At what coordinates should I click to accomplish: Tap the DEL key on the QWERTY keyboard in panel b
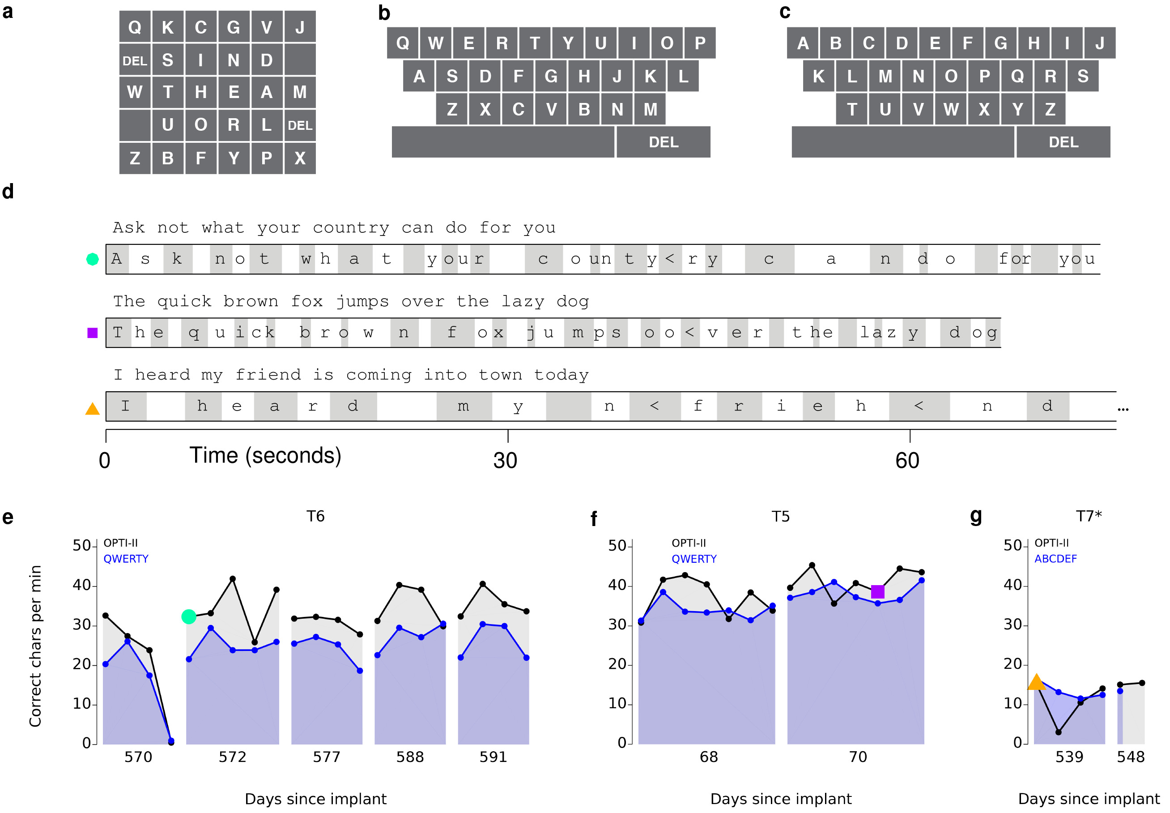click(x=663, y=142)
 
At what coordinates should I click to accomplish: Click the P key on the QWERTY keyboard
click(x=700, y=43)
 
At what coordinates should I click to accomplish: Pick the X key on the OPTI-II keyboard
click(x=300, y=158)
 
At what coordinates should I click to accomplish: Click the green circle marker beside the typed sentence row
click(x=92, y=259)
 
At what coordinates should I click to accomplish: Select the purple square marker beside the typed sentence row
click(x=92, y=333)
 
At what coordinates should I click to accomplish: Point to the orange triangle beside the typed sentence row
click(x=92, y=409)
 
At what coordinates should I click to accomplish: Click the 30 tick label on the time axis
click(x=505, y=461)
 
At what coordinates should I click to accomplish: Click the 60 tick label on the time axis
click(x=907, y=461)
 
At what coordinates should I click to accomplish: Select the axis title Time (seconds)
click(x=265, y=455)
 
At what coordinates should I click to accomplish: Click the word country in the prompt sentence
click(x=351, y=228)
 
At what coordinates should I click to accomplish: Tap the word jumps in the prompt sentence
click(x=362, y=302)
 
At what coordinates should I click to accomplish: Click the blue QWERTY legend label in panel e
click(x=126, y=559)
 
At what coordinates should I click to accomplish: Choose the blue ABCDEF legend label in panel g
click(x=1055, y=559)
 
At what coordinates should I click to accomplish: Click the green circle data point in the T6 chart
click(x=189, y=616)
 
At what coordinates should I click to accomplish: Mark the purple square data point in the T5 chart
click(x=877, y=591)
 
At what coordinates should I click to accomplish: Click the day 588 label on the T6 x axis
click(x=410, y=757)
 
